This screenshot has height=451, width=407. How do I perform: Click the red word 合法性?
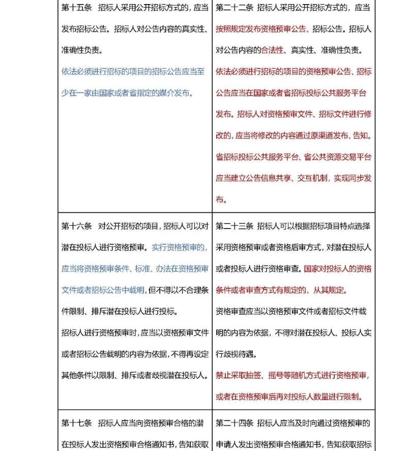(275, 50)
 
